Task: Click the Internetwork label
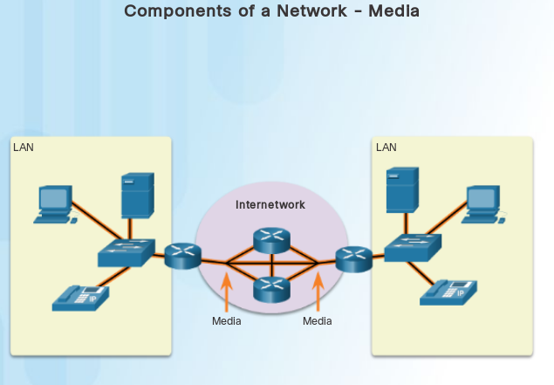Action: pos(270,204)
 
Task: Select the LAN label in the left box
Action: pos(23,147)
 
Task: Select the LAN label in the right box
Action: pos(386,147)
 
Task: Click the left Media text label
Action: pos(226,321)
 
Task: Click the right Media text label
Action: pos(318,321)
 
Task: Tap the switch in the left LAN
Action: pos(126,252)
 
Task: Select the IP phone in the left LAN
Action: pos(80,298)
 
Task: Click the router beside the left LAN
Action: pos(182,257)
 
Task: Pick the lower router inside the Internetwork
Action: pos(271,288)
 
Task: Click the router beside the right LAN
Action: pos(353,258)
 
